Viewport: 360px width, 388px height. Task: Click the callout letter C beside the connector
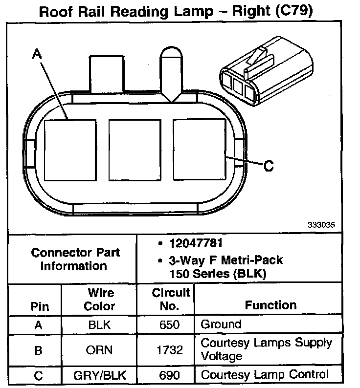point(269,166)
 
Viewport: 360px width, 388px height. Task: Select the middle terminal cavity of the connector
point(135,149)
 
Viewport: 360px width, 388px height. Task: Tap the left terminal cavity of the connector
point(70,149)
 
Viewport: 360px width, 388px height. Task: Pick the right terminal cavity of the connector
point(200,149)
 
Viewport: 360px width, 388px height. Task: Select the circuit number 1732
point(171,349)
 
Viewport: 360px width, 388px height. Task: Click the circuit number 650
point(171,324)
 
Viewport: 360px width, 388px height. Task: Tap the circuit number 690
point(171,375)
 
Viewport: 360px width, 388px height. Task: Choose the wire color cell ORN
point(100,349)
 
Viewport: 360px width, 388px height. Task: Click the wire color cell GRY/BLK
point(100,375)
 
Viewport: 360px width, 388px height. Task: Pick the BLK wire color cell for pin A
point(100,324)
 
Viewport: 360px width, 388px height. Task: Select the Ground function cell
point(221,324)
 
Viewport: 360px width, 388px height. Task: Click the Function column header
point(270,305)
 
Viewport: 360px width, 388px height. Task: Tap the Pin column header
point(40,307)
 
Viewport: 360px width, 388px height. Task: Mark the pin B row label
point(39,349)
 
